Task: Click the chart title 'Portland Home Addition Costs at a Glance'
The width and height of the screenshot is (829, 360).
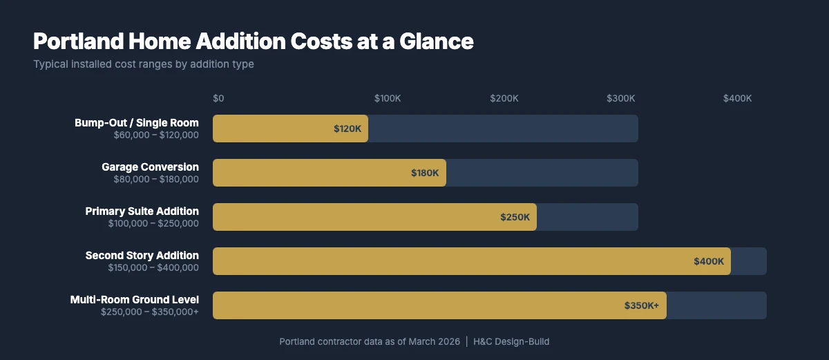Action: coord(253,41)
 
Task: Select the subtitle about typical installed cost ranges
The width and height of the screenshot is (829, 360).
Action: coord(144,64)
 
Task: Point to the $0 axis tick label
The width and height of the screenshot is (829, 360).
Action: coord(218,98)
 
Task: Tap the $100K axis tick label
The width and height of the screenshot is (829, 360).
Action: coord(388,98)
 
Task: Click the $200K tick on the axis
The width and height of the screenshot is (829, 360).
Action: coord(504,98)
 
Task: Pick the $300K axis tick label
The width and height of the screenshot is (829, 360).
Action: coord(621,98)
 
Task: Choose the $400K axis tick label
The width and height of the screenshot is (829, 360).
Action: coord(737,98)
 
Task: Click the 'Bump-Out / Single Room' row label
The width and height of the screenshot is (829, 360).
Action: coord(137,123)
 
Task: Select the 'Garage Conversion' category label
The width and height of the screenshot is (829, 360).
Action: coord(150,167)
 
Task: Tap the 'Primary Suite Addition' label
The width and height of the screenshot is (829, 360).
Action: coord(142,211)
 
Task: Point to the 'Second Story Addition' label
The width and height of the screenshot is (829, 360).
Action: coord(142,256)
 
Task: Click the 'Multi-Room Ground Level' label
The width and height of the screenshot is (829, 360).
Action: coord(135,300)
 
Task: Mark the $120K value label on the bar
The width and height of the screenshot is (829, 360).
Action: coord(347,129)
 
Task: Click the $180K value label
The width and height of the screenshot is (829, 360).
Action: coord(425,173)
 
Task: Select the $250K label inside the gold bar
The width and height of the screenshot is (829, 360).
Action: coord(515,217)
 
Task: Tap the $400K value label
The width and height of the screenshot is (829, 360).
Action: coord(709,261)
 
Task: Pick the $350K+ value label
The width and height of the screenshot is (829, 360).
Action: coord(642,305)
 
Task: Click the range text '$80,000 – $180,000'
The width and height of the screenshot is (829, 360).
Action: coord(156,179)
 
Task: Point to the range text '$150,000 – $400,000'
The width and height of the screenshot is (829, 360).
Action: coord(153,267)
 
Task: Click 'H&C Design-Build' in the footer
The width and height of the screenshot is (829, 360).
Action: coord(511,341)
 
